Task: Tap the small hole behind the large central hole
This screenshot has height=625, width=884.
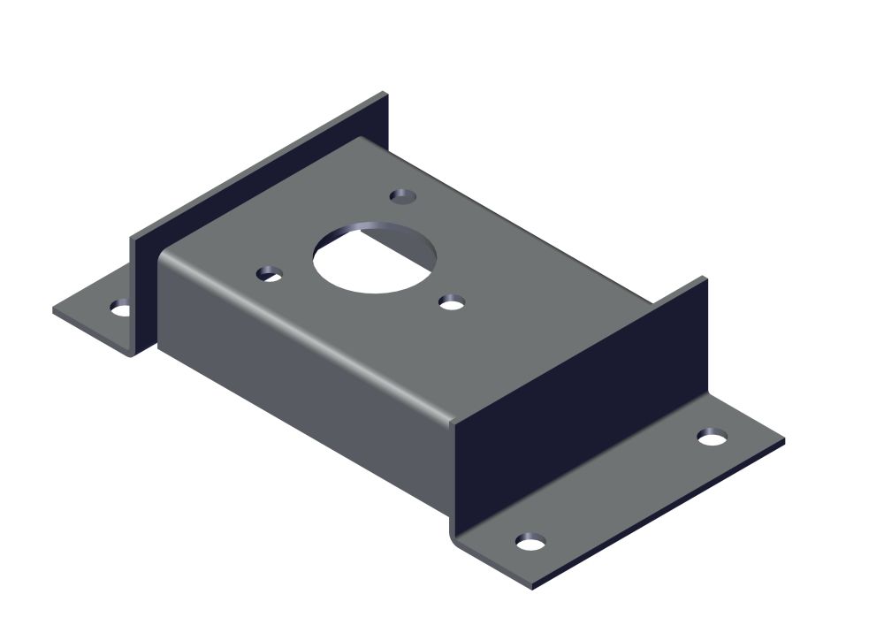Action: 403,194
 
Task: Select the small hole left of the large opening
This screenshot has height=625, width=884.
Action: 270,274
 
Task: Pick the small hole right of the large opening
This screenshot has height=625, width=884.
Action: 452,303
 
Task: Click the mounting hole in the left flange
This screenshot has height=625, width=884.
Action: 120,308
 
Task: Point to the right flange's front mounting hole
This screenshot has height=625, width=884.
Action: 530,541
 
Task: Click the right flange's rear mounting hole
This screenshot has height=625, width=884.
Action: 713,436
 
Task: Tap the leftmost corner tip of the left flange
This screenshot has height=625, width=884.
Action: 53,311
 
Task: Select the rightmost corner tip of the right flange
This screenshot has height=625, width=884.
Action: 784,439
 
